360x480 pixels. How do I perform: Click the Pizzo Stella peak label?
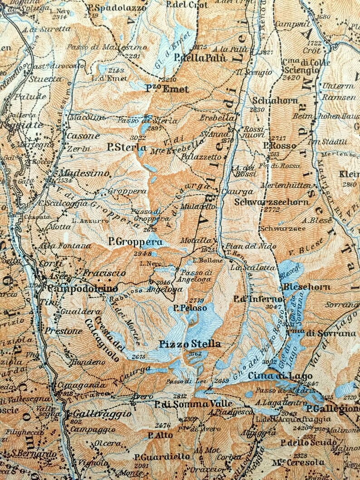(190, 344)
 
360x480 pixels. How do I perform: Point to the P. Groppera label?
(136, 242)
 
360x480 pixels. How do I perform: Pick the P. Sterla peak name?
(126, 147)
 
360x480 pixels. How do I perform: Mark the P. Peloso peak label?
(190, 308)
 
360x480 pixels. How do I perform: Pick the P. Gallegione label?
(332, 408)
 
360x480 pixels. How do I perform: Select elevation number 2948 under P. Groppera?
(142, 253)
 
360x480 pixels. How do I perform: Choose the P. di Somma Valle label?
(193, 403)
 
